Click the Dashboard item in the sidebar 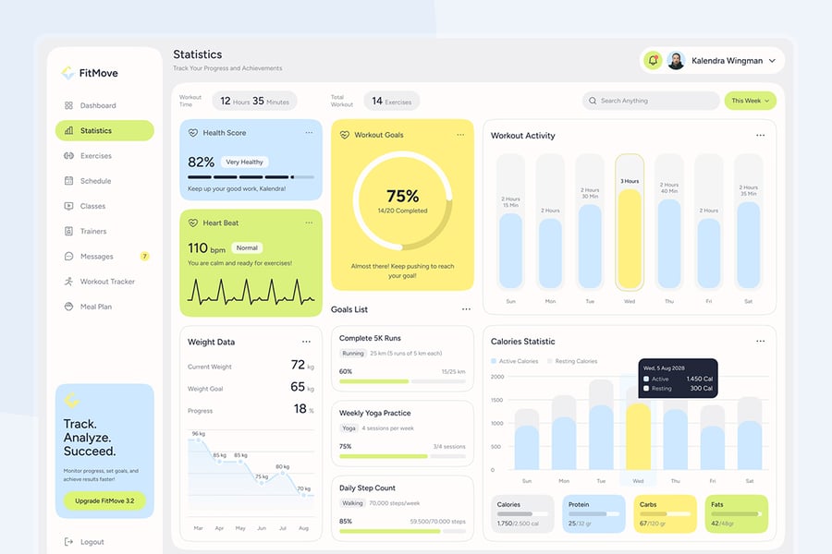pyautogui.click(x=97, y=106)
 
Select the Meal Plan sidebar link pyautogui.click(x=95, y=307)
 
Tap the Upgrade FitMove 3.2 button pyautogui.click(x=104, y=500)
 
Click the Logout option pyautogui.click(x=92, y=542)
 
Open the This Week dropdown pyautogui.click(x=750, y=101)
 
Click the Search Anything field pyautogui.click(x=651, y=101)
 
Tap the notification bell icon pyautogui.click(x=653, y=61)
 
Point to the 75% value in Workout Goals pyautogui.click(x=403, y=196)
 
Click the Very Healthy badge pyautogui.click(x=245, y=162)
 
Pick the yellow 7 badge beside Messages pyautogui.click(x=144, y=256)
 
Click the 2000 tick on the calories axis pyautogui.click(x=497, y=377)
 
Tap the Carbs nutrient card pyautogui.click(x=664, y=513)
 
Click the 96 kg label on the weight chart pyautogui.click(x=198, y=433)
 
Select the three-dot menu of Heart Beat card pyautogui.click(x=309, y=223)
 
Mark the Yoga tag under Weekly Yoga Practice pyautogui.click(x=349, y=428)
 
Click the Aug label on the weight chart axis pyautogui.click(x=303, y=528)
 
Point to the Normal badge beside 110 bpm pyautogui.click(x=247, y=247)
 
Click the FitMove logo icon pyautogui.click(x=67, y=73)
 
